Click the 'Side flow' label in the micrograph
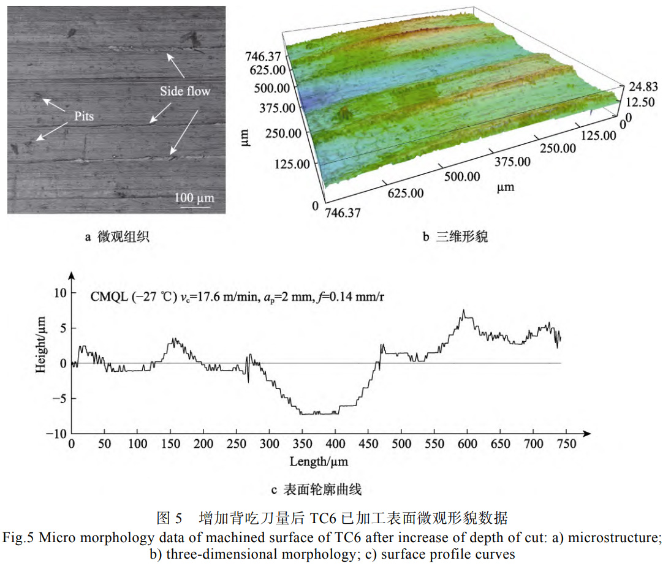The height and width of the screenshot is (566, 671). [185, 91]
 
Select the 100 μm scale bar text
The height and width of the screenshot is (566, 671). [194, 198]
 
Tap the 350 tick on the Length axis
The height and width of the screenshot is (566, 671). [303, 444]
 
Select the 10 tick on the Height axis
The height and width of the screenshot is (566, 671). [59, 293]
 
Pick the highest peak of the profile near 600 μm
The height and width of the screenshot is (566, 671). [464, 311]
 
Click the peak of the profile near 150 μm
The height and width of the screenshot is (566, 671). [175, 338]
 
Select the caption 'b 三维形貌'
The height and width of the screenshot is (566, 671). [455, 237]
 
